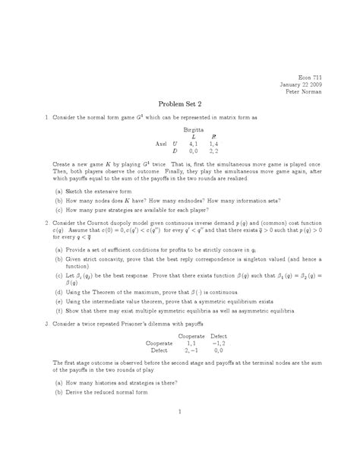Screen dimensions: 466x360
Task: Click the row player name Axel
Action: pos(161,143)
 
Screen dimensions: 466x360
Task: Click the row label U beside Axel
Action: pos(176,143)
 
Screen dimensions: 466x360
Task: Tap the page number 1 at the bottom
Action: pos(180,412)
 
